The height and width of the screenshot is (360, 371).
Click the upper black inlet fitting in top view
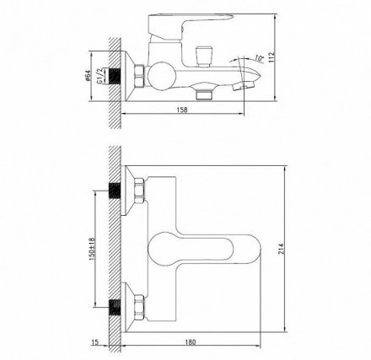pos(114,187)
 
